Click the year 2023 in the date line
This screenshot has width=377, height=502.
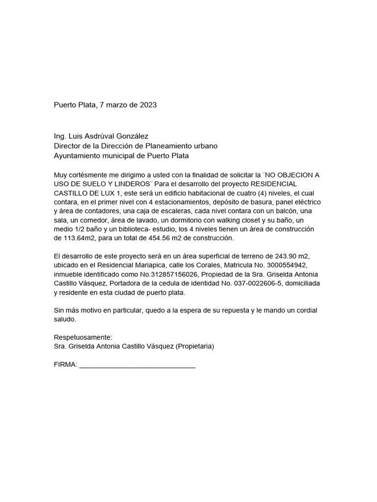[x=147, y=105]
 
